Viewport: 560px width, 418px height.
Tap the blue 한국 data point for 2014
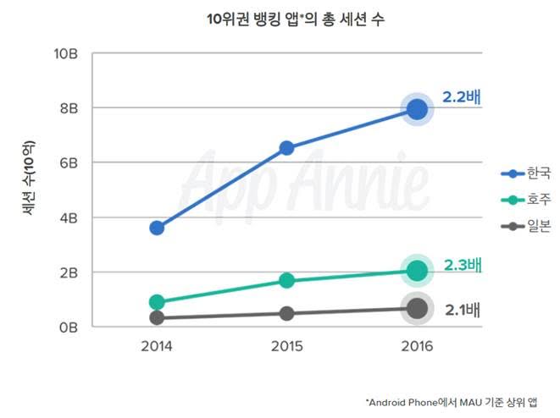coord(157,228)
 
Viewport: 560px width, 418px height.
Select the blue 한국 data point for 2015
coord(286,148)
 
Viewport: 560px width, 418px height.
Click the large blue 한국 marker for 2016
coord(416,109)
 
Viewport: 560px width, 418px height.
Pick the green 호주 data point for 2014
coord(157,302)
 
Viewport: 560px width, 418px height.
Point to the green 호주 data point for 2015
coord(286,281)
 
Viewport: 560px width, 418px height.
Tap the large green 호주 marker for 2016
coord(416,271)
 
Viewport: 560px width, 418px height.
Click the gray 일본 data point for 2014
coord(157,318)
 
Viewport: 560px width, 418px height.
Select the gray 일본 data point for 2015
coord(286,313)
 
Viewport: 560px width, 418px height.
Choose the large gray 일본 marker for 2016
coord(416,309)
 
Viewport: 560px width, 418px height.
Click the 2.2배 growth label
coord(461,97)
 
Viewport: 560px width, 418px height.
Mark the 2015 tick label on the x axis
coord(286,347)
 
